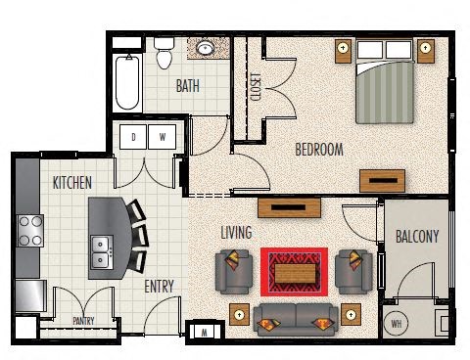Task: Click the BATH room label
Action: point(188,86)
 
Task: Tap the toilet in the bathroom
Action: point(164,53)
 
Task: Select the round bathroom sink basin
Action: point(205,48)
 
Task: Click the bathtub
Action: point(127,82)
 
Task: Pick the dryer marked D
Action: point(133,137)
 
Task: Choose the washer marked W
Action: point(163,137)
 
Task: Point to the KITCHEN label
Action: point(72,183)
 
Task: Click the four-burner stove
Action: point(30,231)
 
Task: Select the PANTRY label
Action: point(83,321)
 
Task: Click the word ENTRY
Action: point(159,287)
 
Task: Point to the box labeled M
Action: point(205,333)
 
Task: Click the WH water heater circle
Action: point(396,324)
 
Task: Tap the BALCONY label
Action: point(417,237)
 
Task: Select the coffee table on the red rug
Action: point(295,274)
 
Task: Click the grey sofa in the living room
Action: point(296,320)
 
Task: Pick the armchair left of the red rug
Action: point(234,272)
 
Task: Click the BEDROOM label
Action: point(319,150)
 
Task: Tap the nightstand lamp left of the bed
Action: point(343,49)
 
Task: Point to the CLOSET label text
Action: point(255,87)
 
